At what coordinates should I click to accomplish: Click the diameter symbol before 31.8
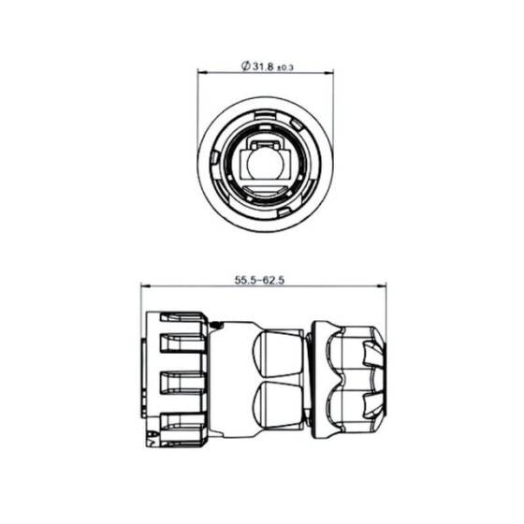pos(244,66)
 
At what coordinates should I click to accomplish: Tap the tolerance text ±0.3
pos(284,67)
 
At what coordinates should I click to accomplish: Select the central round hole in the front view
pos(264,167)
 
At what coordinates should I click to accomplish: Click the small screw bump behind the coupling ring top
pos(216,325)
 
